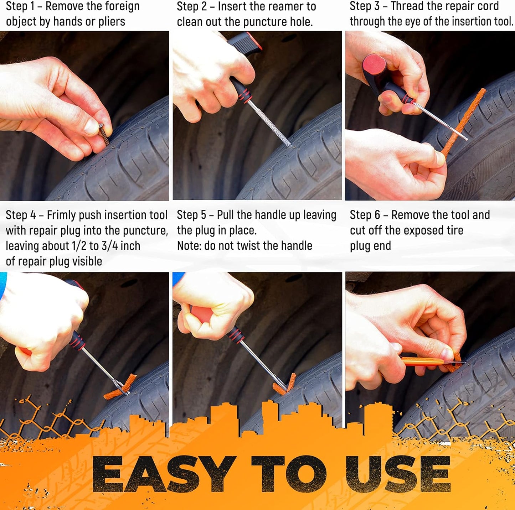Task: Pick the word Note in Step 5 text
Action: coord(189,246)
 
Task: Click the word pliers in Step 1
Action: coord(112,22)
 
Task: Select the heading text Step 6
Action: coord(364,215)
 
